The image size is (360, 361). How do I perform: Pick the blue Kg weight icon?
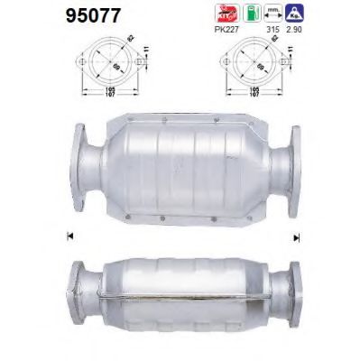click(294, 13)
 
